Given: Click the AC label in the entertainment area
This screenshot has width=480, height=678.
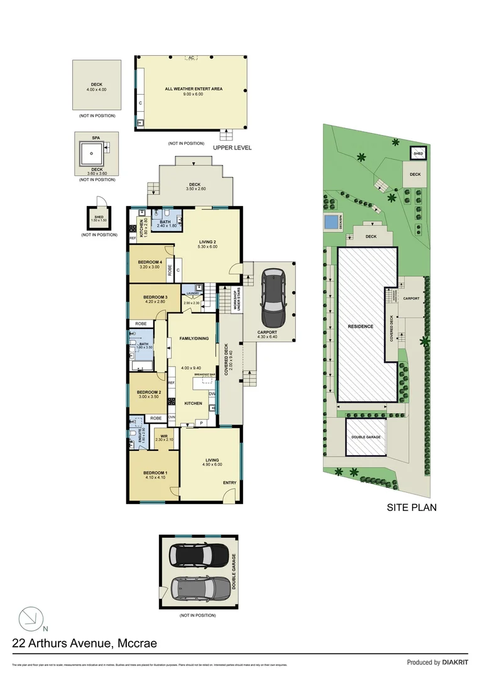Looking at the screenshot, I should (x=190, y=58).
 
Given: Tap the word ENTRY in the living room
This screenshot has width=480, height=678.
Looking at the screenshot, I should (x=230, y=483).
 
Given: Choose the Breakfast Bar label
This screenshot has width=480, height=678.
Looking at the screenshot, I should (x=205, y=375).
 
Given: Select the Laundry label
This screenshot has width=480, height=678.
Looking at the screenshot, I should (x=192, y=293).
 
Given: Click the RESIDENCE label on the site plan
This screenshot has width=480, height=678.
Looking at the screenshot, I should (x=361, y=326).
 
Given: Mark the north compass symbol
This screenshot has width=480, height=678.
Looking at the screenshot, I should (x=30, y=619).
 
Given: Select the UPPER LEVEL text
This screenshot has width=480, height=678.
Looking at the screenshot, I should (x=232, y=148).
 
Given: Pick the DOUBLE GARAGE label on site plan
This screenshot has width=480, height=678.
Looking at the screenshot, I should (x=366, y=437).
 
